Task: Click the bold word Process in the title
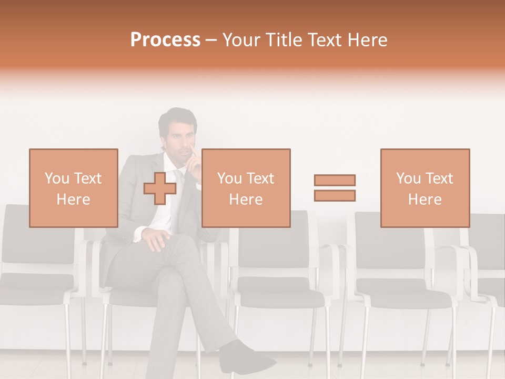(165, 40)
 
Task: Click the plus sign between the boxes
(160, 188)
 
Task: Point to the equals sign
(335, 188)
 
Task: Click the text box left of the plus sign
(74, 188)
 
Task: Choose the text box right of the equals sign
(425, 188)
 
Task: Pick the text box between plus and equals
(246, 188)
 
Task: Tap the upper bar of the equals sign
(335, 181)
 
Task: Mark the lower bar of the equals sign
(335, 195)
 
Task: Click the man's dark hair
(178, 117)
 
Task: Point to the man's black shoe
(247, 358)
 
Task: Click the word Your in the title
(241, 40)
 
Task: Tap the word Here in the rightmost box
(425, 200)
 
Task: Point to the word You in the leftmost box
(57, 178)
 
